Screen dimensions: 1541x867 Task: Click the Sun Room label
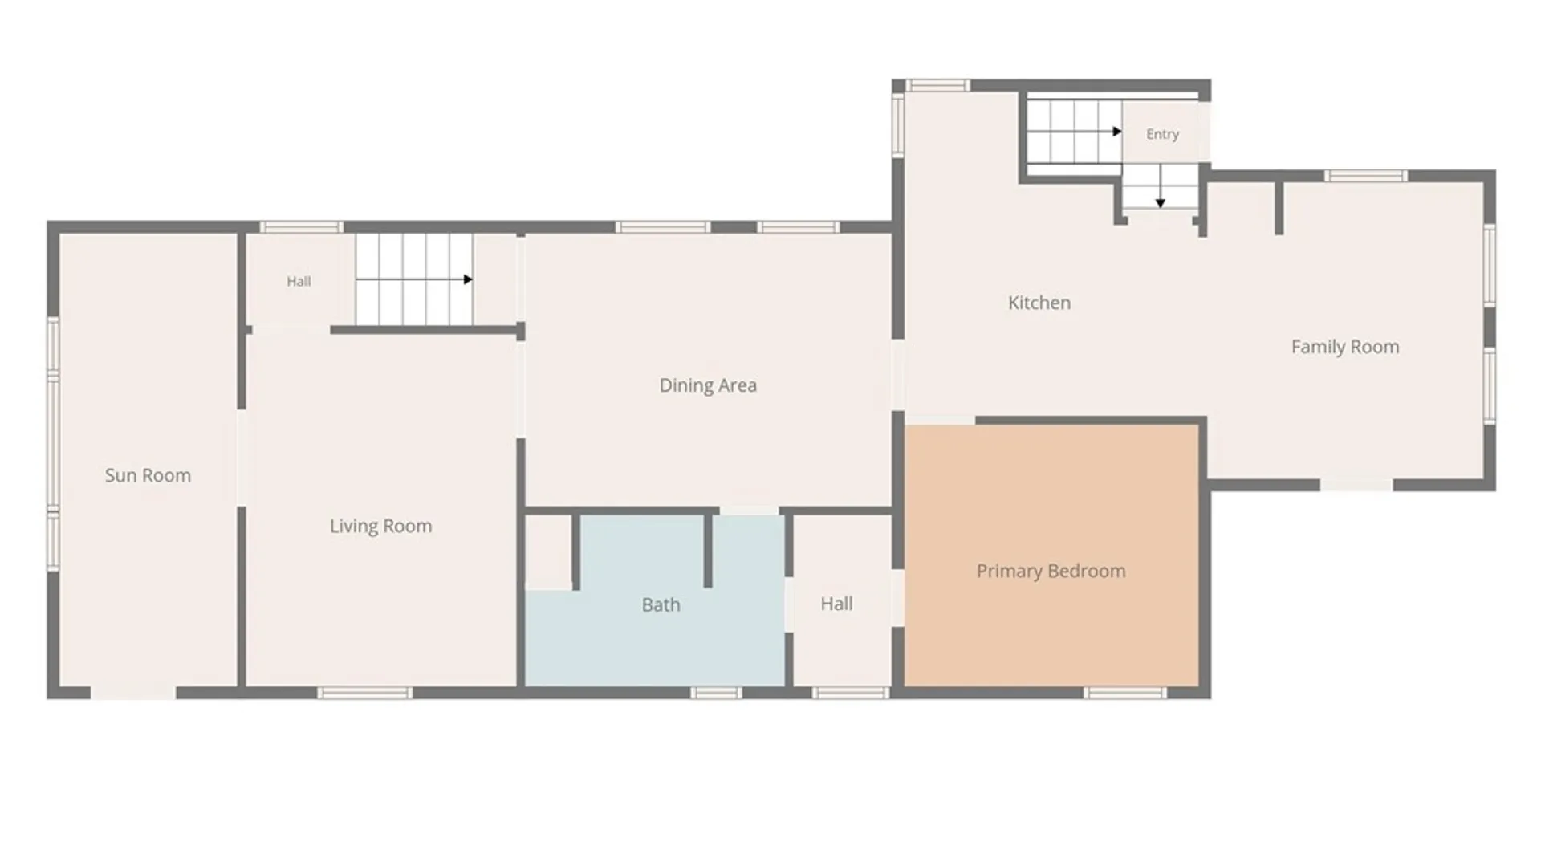pos(148,475)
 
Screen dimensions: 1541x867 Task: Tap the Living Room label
pos(380,526)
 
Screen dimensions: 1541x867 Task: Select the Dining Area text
pos(708,385)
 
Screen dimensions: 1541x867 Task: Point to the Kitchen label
pos(1039,303)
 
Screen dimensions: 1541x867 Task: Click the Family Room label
pos(1345,347)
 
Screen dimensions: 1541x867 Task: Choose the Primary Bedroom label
pos(1051,571)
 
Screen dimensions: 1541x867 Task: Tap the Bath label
pos(661,604)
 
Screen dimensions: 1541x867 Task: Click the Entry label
pos(1162,134)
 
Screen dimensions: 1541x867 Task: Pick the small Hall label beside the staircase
pos(299,281)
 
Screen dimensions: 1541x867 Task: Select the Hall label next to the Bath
pos(836,604)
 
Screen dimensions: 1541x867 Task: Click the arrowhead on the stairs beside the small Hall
pos(468,279)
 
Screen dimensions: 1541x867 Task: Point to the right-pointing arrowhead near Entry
pos(1117,132)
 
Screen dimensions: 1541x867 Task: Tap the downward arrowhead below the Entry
pos(1160,204)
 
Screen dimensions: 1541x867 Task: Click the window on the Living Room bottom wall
pos(364,693)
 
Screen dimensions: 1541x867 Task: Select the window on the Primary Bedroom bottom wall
pos(1124,693)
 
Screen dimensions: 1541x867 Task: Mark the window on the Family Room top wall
pos(1365,176)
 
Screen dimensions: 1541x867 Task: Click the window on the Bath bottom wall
pos(716,693)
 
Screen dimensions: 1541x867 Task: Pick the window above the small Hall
pos(301,227)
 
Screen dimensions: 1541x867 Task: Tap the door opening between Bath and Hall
pos(789,604)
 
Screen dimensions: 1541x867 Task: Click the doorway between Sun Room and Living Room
pos(242,458)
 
